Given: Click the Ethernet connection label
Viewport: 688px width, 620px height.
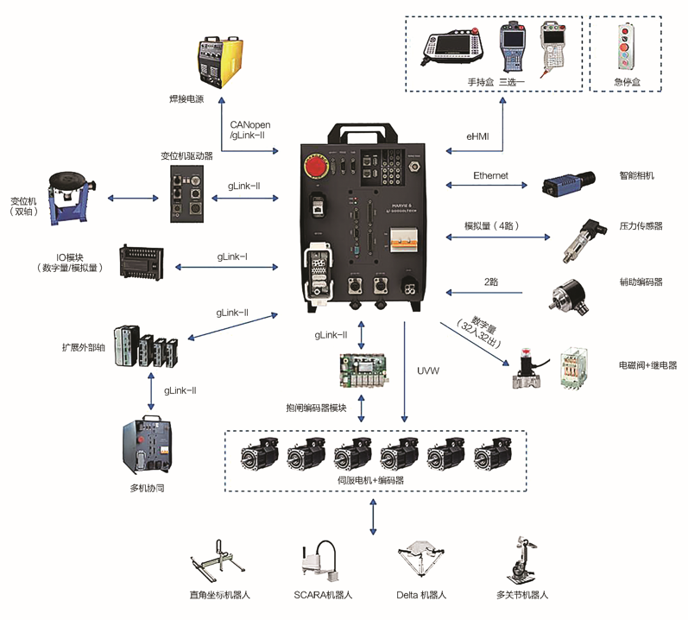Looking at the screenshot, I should tap(490, 175).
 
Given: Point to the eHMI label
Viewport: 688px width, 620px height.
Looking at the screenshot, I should tap(477, 136).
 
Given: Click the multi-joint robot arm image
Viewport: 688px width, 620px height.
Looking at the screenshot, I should tap(522, 562).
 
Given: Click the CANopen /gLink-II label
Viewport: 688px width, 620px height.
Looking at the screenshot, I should tap(250, 131).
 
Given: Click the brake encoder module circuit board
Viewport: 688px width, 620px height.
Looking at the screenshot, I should tap(361, 372).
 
